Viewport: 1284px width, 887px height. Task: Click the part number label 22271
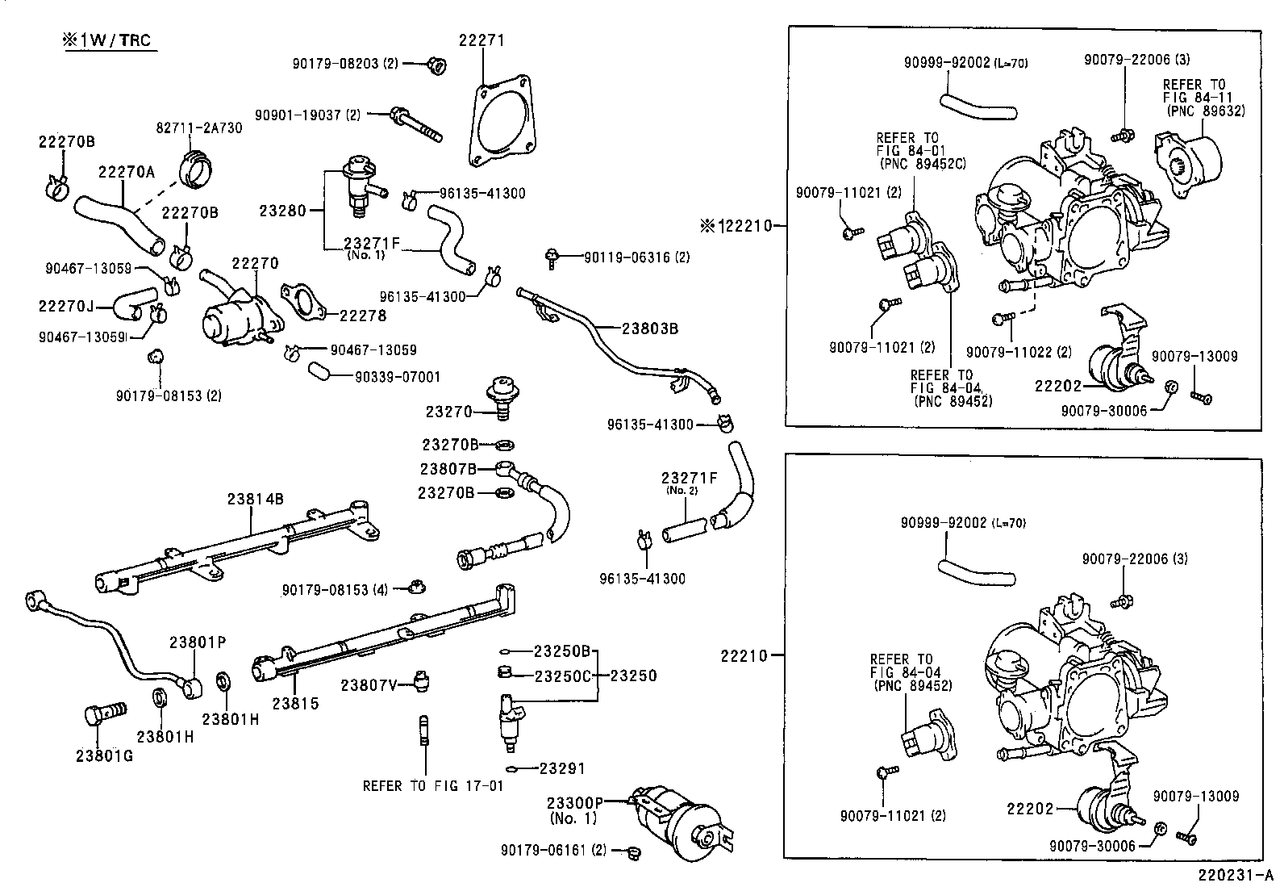pos(482,40)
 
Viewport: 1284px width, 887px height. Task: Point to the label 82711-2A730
pos(198,128)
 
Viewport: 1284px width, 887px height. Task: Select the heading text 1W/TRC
pos(111,40)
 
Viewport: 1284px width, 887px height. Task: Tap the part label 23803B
pos(649,328)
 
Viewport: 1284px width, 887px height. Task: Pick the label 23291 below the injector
pos(562,768)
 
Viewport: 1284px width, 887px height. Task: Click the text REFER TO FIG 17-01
pos(432,784)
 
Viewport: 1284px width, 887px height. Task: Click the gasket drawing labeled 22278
pos(302,300)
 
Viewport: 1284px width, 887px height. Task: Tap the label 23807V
pos(369,685)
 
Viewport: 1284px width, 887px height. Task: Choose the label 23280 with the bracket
pos(282,211)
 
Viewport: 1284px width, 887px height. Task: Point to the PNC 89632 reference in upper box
pos(1205,111)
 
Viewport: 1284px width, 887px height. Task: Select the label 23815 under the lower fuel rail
pos(295,704)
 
